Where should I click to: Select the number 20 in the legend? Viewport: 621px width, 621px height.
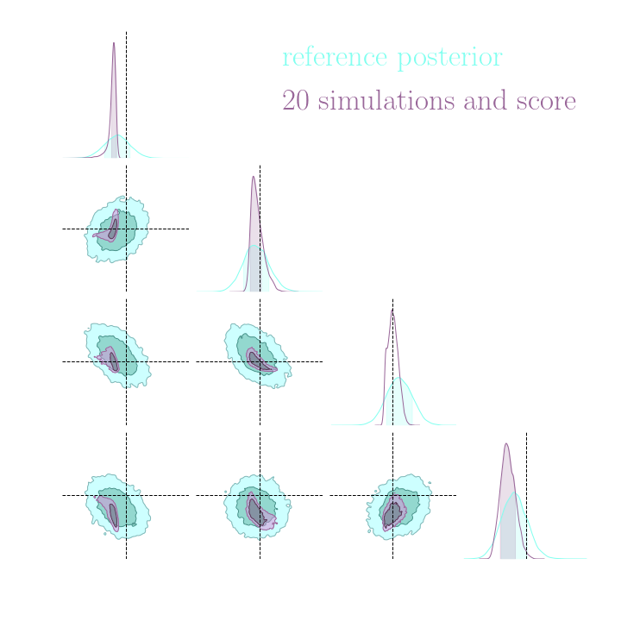coord(296,102)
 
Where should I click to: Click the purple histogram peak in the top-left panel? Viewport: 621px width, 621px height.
coord(113,43)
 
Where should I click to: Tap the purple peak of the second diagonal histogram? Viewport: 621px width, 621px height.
coord(253,177)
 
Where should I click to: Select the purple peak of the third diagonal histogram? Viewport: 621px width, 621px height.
coord(392,310)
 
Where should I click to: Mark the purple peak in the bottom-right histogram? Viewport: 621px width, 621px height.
coord(506,444)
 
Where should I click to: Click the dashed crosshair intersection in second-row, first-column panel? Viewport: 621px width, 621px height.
coord(126,229)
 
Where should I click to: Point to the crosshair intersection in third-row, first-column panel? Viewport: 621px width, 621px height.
coord(126,361)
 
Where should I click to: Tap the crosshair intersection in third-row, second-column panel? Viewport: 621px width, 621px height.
coord(260,361)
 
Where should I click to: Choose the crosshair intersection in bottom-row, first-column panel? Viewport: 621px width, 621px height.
coord(126,495)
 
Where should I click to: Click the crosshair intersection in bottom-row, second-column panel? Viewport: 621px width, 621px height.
coord(260,495)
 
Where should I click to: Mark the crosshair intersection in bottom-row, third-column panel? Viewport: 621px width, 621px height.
coord(392,495)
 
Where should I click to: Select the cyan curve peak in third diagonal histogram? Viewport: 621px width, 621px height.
coord(399,378)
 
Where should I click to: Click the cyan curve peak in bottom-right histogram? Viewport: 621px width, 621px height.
coord(516,492)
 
